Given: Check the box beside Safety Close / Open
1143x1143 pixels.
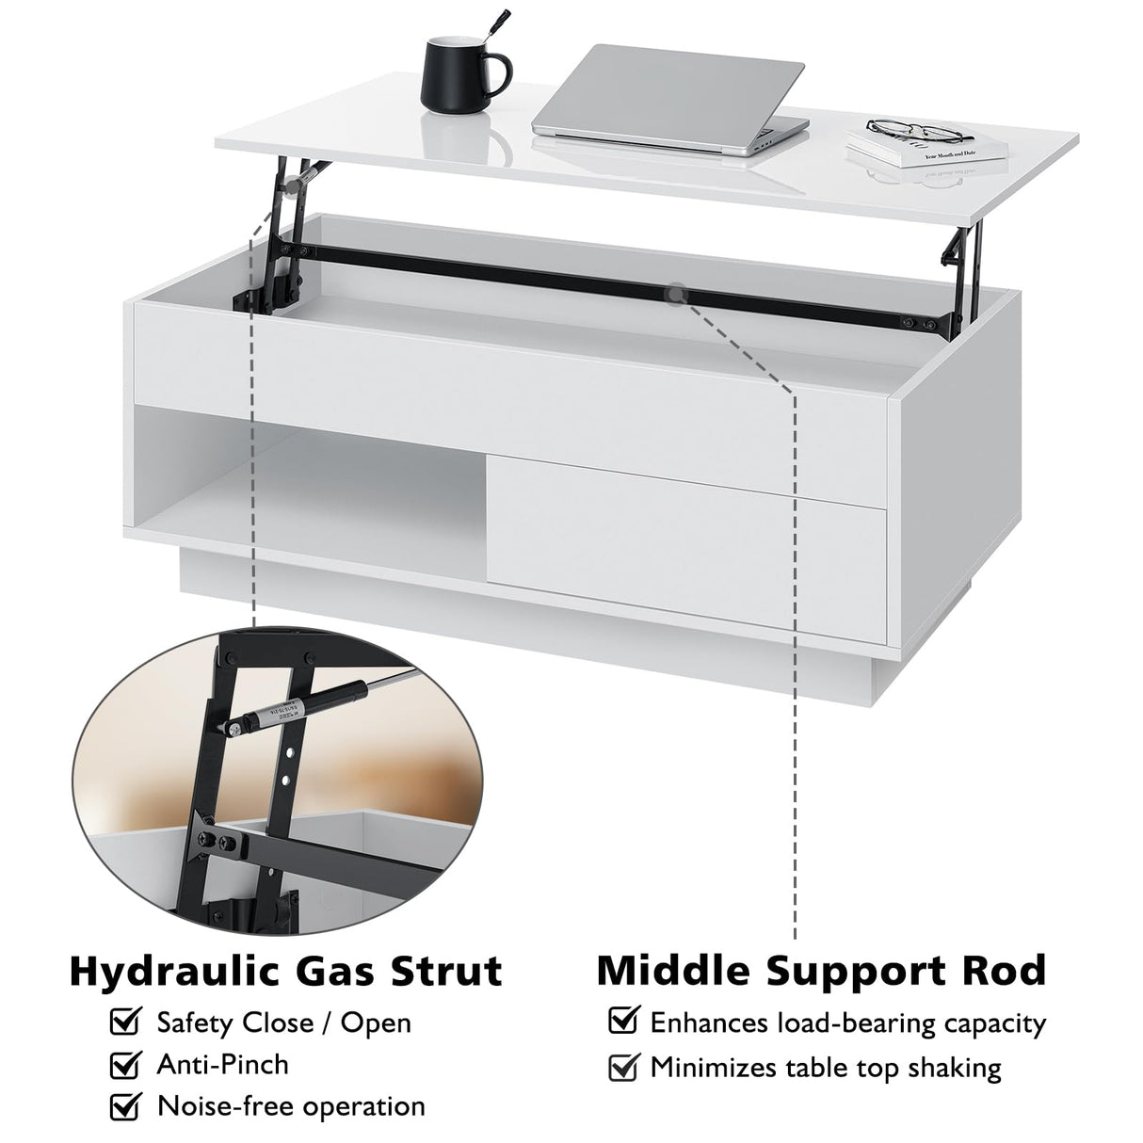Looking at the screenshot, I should coord(125,1022).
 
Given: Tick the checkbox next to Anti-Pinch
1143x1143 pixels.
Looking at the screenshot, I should coord(125,1065).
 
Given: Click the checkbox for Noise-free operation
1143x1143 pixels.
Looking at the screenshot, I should coord(125,1106).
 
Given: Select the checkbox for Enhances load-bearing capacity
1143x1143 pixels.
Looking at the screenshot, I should coord(622,1021).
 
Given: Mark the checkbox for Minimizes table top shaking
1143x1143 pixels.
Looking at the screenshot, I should coord(622,1067).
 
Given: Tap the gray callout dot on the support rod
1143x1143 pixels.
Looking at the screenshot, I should coord(675,295).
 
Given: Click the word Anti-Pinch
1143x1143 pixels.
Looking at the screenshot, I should coord(222,1065).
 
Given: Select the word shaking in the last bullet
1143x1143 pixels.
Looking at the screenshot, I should coord(942,1068).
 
